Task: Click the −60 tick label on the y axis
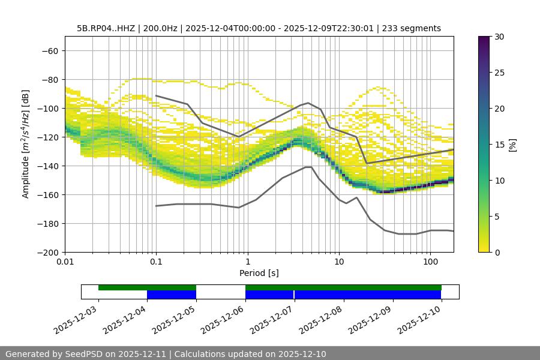point(49,50)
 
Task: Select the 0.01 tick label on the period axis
point(65,262)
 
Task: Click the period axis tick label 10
point(339,262)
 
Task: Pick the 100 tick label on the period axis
point(430,262)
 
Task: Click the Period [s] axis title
point(259,273)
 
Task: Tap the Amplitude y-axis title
point(26,144)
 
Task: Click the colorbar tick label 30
point(499,37)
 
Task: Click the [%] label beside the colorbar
point(512,145)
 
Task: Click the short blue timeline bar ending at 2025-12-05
point(172,295)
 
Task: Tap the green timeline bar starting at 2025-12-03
point(147,287)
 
